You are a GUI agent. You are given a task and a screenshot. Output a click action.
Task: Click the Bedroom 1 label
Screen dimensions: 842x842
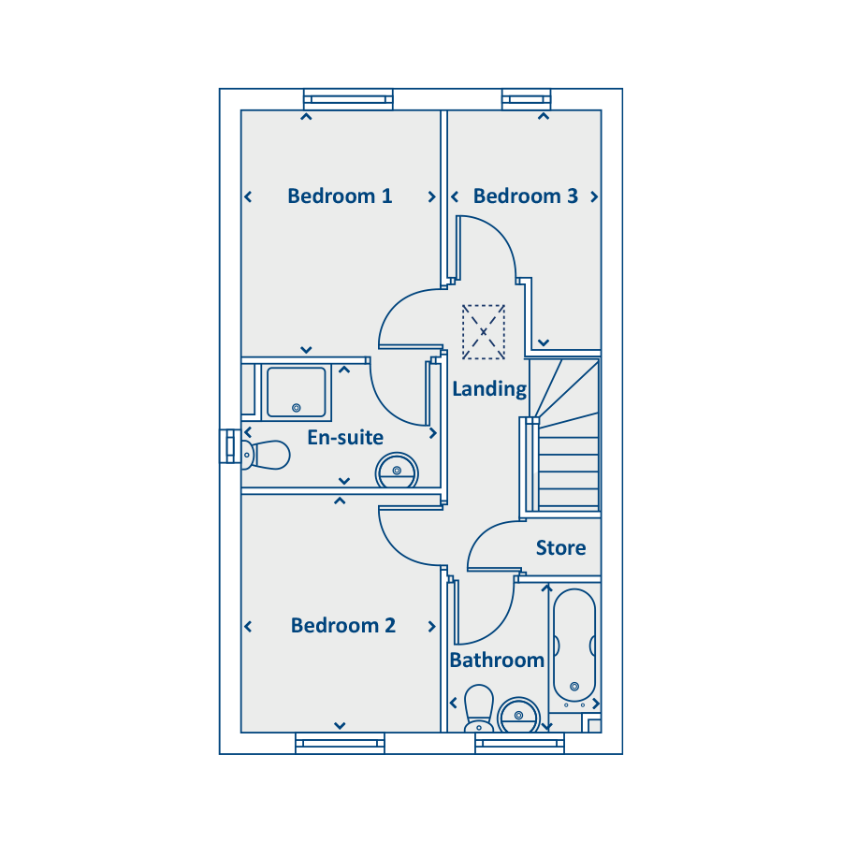coord(340,196)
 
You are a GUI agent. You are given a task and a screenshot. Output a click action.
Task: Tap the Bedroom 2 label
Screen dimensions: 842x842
coord(343,626)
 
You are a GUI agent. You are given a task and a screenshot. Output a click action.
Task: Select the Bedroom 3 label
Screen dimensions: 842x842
coord(525,196)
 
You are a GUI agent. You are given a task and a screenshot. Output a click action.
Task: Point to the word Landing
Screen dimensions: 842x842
coord(489,389)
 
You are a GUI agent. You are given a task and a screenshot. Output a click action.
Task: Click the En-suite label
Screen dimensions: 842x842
coord(345,438)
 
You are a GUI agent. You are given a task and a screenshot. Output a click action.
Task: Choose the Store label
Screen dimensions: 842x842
coord(560,547)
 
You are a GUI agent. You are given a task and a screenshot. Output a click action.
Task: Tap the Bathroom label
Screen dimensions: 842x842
coord(497,660)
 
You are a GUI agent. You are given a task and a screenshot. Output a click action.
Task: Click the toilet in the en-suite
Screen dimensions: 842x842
coord(266,455)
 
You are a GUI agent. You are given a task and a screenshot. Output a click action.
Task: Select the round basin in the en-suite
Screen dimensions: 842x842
coord(397,471)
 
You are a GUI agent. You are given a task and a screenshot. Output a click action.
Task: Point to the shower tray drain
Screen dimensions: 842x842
coord(296,408)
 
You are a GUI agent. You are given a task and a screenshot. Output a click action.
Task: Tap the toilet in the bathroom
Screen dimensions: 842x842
coord(478,708)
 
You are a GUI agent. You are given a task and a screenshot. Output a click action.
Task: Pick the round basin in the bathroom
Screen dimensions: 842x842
coord(518,716)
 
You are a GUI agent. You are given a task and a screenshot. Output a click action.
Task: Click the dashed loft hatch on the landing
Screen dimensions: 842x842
coord(484,332)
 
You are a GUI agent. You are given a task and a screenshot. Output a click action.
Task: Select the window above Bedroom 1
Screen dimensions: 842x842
coord(348,99)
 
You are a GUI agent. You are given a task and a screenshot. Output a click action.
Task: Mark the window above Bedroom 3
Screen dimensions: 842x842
coord(526,99)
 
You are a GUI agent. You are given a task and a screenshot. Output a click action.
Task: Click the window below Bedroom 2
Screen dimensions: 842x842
coord(340,743)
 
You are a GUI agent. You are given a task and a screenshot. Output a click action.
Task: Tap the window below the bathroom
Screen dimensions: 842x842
coord(519,743)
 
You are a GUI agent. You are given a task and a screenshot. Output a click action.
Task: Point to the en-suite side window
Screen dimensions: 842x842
coord(230,446)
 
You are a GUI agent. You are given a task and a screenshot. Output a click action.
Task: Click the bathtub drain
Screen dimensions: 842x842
coord(574,687)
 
